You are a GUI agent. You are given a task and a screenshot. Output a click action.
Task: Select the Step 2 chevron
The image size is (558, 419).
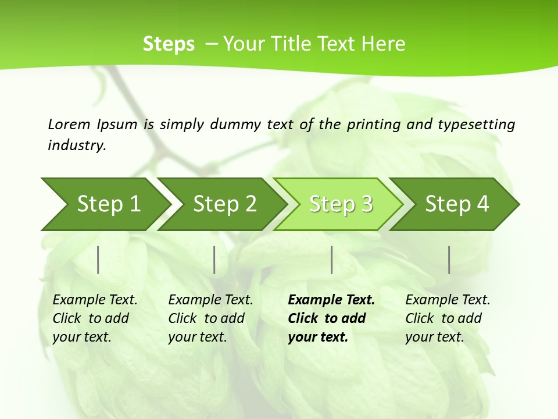[224, 204]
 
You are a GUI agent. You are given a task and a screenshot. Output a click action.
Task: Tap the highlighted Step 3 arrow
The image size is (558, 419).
[340, 204]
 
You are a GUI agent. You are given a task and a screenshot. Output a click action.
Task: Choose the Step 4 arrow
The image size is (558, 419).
[456, 204]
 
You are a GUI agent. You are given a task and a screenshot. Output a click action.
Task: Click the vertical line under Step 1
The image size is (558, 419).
[98, 260]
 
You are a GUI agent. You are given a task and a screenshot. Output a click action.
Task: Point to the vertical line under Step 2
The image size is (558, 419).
[214, 260]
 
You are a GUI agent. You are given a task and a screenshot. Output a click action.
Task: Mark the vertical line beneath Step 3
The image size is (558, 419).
[331, 260]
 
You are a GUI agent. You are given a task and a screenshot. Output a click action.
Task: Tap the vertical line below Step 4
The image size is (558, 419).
[449, 260]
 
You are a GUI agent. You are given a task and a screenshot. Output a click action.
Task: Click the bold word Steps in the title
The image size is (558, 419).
[169, 44]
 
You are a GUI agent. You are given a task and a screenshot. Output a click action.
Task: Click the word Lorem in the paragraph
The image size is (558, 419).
[69, 124]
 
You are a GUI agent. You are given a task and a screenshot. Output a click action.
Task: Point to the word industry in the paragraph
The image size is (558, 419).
[76, 145]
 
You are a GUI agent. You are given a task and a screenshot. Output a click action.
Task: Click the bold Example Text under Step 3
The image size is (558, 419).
[331, 300]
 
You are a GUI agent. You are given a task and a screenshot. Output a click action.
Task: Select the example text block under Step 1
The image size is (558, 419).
[94, 318]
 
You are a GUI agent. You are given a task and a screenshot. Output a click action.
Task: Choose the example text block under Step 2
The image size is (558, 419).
[210, 318]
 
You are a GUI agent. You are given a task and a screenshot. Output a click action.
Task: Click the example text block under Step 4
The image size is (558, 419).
[447, 318]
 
